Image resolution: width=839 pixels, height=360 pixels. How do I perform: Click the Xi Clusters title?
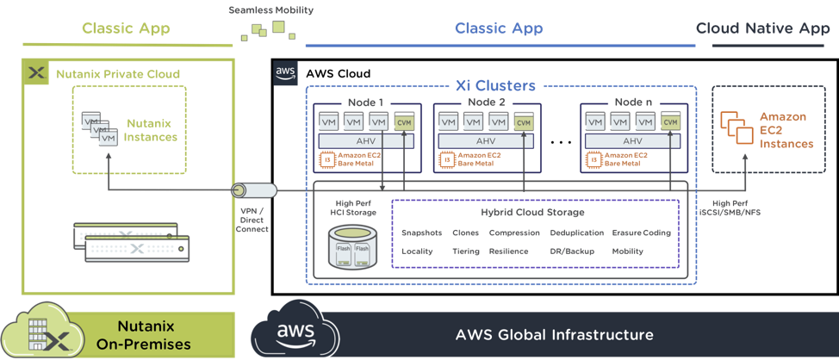click(x=495, y=85)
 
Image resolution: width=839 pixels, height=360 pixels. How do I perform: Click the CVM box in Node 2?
click(x=523, y=123)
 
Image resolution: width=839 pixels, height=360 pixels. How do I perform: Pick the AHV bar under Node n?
click(x=632, y=140)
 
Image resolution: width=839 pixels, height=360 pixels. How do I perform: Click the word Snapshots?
click(x=422, y=233)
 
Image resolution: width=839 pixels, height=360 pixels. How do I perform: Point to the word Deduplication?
click(x=575, y=233)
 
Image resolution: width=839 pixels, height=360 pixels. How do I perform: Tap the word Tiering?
click(x=465, y=251)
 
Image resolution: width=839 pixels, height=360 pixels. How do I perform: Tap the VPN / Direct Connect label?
click(x=252, y=219)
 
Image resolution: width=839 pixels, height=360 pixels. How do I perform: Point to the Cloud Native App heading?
click(x=762, y=28)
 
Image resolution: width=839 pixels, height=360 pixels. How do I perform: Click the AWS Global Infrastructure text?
click(x=554, y=334)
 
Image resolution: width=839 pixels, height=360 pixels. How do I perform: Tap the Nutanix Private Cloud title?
click(x=118, y=74)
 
